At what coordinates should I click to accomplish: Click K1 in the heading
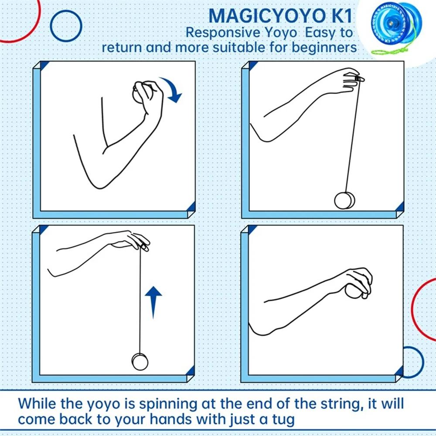pos(340,15)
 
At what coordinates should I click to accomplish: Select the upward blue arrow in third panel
pos(153,301)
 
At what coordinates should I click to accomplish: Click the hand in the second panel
pos(349,78)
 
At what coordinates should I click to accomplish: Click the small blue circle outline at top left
pos(66,26)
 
